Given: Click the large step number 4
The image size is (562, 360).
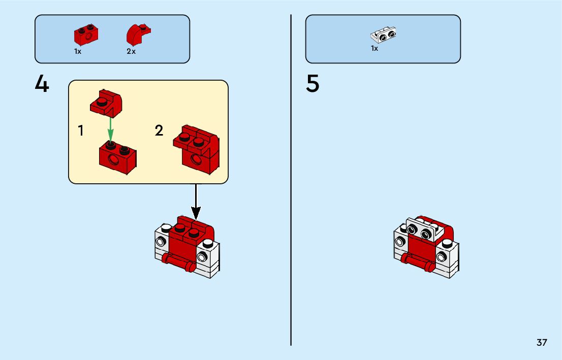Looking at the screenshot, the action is pos(42,84).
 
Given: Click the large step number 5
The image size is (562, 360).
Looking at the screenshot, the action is pos(313,84).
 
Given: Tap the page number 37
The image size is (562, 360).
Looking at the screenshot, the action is pos(542,342).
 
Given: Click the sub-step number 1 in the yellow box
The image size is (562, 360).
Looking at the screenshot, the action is pos(81,130).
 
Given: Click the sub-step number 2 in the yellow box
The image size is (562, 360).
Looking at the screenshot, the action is pos(159,130).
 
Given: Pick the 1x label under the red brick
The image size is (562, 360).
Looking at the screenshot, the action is pos(78,51).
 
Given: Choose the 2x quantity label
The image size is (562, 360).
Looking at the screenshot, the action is pos(131,51).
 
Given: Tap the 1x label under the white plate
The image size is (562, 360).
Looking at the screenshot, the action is pos(374,49).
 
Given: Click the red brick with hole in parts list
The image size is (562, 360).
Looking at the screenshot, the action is pos(86,35).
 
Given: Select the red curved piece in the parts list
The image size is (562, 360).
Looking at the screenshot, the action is pos(138,34).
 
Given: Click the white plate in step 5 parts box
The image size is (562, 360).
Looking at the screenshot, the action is pos(384,35).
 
